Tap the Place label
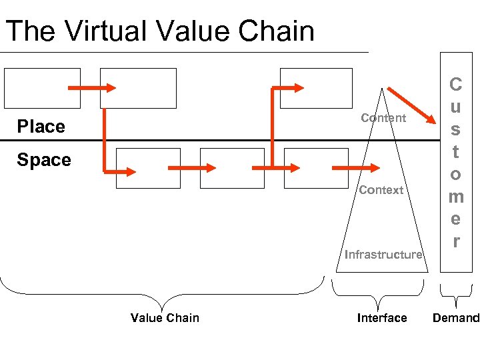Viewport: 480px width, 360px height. pos(41,127)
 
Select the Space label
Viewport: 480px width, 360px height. pos(44,160)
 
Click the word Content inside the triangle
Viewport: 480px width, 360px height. pos(383,118)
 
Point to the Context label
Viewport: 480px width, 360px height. pos(381,190)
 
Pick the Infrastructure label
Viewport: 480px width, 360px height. pos(383,254)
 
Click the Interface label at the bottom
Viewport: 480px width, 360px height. pos(381,318)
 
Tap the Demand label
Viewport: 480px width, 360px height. pos(455,318)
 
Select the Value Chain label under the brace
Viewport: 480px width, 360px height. pos(165,318)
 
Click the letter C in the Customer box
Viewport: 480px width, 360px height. pos(455,85)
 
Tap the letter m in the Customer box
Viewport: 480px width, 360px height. pos(455,197)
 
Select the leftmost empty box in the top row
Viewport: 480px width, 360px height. pos(42,88)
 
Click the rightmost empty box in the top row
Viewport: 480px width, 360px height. pos(315,88)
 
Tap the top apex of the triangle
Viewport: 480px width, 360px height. pos(382,88)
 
